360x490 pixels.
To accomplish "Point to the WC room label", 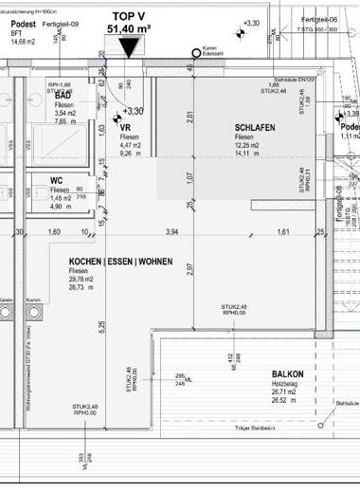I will point(57,179).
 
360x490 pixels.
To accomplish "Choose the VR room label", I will point(125,127).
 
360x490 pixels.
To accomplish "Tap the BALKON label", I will point(287,374).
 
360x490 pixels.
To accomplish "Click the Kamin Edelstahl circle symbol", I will point(196,52).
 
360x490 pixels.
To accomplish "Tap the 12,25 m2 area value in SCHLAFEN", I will point(250,146).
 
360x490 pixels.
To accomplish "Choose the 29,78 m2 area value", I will point(81,281).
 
